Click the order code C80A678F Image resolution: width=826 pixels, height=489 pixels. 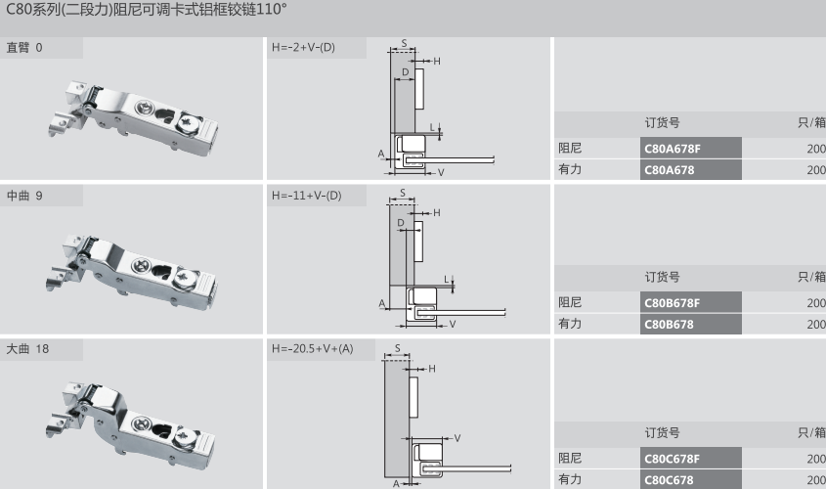tap(672, 149)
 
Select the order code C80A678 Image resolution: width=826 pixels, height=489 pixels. tap(668, 170)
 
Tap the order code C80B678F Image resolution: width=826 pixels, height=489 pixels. tap(672, 303)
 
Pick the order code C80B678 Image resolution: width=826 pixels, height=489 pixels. tap(668, 325)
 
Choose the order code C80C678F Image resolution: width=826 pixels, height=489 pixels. tap(672, 459)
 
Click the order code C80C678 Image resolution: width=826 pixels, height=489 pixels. tap(668, 480)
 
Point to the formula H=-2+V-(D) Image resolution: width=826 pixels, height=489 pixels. tap(303, 48)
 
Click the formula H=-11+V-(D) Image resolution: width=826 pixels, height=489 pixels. tap(306, 196)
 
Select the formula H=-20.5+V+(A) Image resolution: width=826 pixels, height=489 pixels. tap(312, 349)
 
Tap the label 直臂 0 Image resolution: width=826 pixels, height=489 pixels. tap(24, 48)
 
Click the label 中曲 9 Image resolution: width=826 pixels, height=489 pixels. tap(24, 196)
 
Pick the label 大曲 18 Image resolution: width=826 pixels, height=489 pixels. tap(27, 349)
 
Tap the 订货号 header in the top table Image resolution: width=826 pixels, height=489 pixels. tap(662, 123)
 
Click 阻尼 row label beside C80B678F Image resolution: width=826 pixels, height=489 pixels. tap(570, 302)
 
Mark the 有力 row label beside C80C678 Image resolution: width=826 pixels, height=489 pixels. tap(570, 479)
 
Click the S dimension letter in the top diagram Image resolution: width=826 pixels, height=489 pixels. tap(404, 44)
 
